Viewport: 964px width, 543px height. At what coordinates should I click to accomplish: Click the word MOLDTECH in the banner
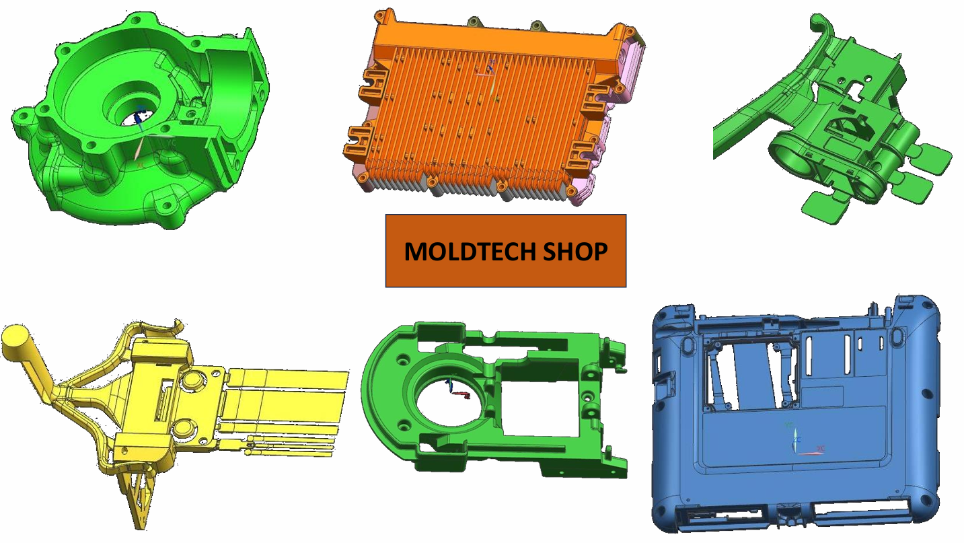pyautogui.click(x=470, y=252)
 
